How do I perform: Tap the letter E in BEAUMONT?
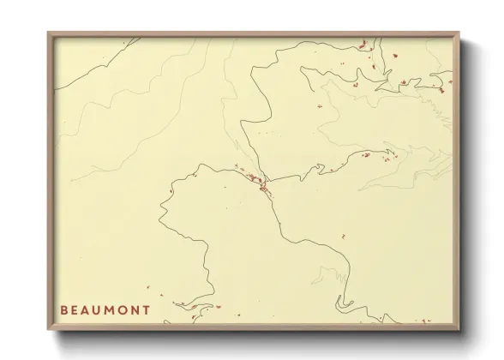pyautogui.click(x=75, y=309)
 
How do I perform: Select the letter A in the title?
pyautogui.click(x=87, y=309)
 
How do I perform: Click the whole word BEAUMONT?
pyautogui.click(x=106, y=309)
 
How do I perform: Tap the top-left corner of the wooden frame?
pyautogui.click(x=48, y=33)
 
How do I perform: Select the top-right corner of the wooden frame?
pyautogui.click(x=461, y=33)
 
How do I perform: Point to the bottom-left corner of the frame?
pyautogui.click(x=48, y=331)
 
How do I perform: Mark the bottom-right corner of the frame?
pyautogui.click(x=461, y=331)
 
